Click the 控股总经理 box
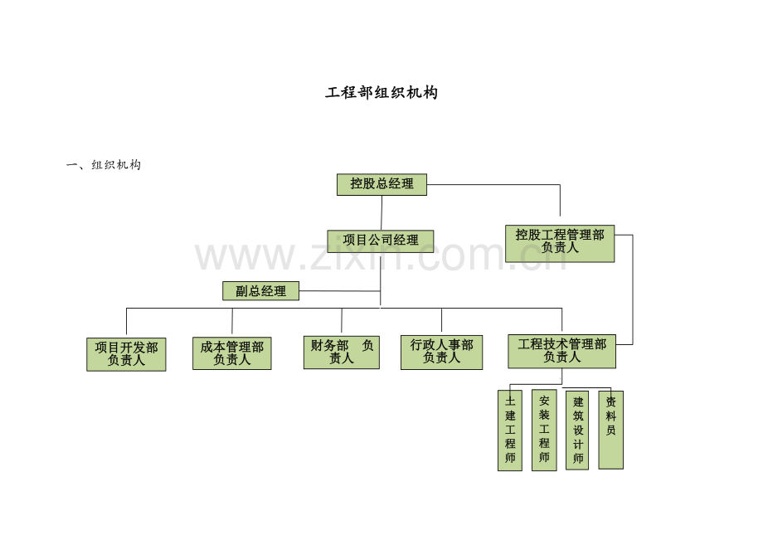click(382, 184)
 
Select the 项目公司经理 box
click(381, 241)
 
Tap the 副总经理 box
click(260, 291)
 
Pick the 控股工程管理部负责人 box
click(560, 243)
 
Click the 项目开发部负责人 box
click(127, 354)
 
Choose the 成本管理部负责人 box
click(232, 353)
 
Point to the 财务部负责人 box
click(342, 353)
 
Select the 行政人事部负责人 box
click(442, 353)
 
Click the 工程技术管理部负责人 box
click(562, 351)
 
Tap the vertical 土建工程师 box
click(510, 431)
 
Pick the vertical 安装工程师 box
click(544, 430)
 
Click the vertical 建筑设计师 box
click(577, 431)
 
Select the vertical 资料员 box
click(610, 430)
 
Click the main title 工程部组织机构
click(381, 92)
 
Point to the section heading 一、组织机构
click(104, 165)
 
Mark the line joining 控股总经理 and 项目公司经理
click(381, 212)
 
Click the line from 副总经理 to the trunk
click(340, 291)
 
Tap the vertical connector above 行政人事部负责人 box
click(442, 320)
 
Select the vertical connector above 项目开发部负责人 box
click(127, 322)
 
